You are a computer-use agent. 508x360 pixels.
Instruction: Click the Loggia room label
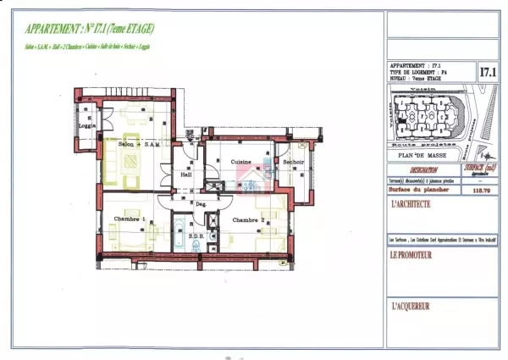pos(85,125)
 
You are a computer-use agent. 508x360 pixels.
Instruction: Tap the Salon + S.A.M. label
pos(140,145)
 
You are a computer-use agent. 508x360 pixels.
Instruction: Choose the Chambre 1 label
pos(130,219)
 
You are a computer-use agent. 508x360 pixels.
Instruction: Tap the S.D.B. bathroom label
pos(196,236)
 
